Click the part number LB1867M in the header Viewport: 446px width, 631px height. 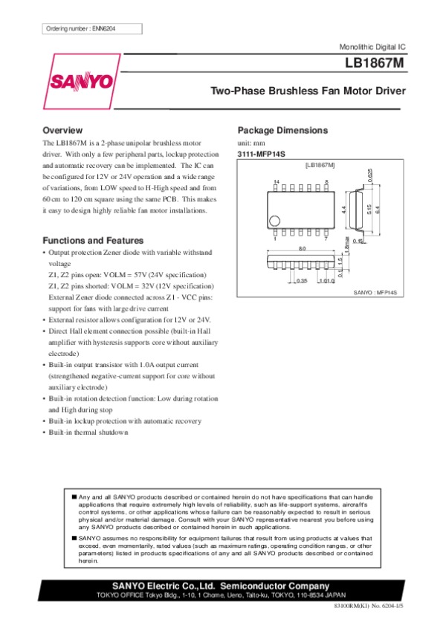375,64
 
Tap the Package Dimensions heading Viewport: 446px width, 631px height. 282,130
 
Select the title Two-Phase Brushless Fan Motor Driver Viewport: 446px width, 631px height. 308,91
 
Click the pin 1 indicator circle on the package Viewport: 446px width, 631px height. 275,221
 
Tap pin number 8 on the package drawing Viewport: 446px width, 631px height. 326,182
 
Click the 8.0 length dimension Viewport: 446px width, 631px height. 302,247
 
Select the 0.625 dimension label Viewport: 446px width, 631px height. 370,175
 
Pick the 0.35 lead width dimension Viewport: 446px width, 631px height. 302,281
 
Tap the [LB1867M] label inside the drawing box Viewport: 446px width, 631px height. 320,164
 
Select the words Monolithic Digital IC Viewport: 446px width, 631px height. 372,46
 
